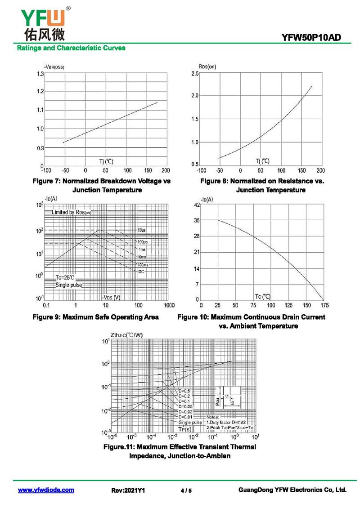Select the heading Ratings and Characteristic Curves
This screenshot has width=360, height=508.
click(71, 48)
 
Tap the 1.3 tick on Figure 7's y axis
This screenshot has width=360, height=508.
click(40, 73)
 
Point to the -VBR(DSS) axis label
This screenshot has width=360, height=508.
click(54, 67)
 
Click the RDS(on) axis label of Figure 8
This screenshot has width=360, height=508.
click(207, 67)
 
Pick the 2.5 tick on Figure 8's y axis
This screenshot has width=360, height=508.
click(195, 73)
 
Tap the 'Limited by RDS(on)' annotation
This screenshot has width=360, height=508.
click(72, 212)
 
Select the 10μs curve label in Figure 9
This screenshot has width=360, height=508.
click(142, 230)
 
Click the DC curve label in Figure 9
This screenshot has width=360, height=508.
click(141, 272)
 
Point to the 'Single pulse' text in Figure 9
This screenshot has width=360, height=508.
click(69, 285)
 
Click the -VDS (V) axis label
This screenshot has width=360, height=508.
click(111, 297)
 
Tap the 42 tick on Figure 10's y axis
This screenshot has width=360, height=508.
click(196, 205)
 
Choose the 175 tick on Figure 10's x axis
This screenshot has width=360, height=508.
click(323, 306)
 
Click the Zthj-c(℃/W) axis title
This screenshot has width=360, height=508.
click(126, 334)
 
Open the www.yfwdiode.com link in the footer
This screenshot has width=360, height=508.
click(46, 490)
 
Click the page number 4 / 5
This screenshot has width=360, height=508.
click(186, 490)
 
